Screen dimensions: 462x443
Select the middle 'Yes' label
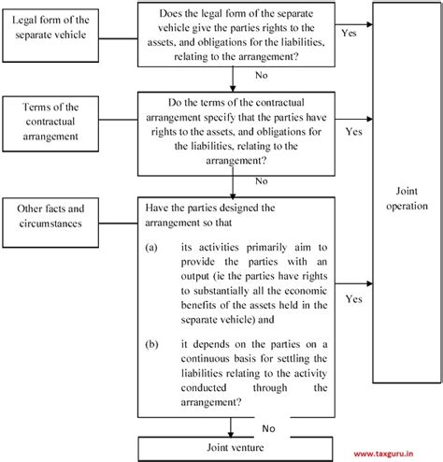pos(354,132)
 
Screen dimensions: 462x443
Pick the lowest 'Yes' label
pos(354,300)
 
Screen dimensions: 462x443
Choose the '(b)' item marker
pos(151,344)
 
